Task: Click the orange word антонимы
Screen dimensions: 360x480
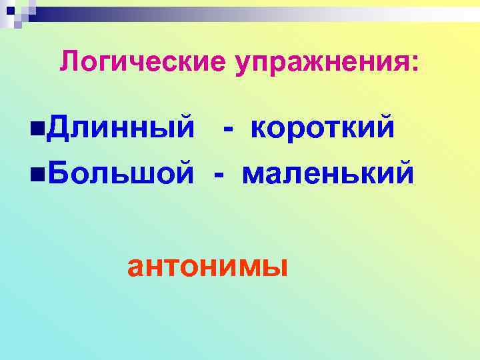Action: point(207,267)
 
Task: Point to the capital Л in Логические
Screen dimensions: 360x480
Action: point(69,63)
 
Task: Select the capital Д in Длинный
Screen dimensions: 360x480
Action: point(59,127)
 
